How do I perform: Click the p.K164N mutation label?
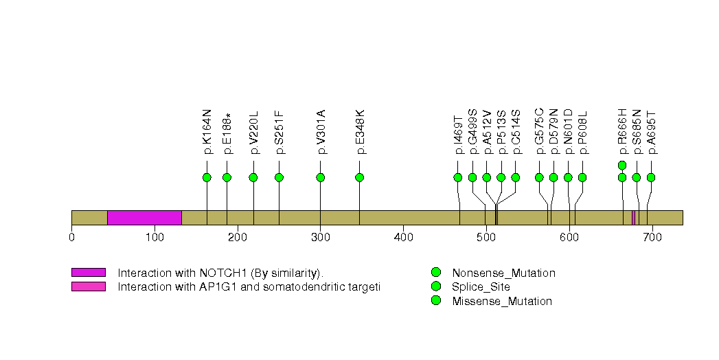(x=207, y=131)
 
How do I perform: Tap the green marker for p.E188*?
(x=227, y=177)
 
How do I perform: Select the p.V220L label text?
(x=254, y=133)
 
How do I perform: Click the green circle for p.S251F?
(x=279, y=177)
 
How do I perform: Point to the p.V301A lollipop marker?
(x=320, y=177)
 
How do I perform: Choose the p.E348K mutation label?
(x=360, y=131)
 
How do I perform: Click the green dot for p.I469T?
(x=458, y=177)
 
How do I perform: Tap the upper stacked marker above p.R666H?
(x=622, y=165)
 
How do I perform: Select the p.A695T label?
(x=652, y=133)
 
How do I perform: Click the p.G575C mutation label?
(x=540, y=131)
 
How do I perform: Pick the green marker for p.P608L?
(x=582, y=177)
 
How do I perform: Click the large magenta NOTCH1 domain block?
(x=144, y=218)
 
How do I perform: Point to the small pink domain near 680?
(x=633, y=218)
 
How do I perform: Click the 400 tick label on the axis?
(x=403, y=237)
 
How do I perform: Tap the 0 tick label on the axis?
(x=71, y=237)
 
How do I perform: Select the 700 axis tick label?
(x=652, y=237)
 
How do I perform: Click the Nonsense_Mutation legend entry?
(x=503, y=273)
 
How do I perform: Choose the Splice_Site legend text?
(x=481, y=287)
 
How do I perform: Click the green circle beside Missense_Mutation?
(x=435, y=301)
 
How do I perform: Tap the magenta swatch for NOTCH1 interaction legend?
(x=88, y=273)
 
